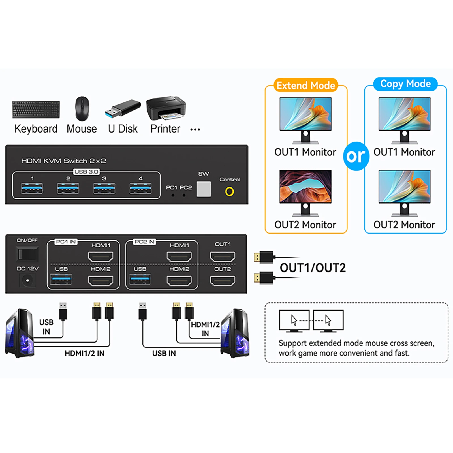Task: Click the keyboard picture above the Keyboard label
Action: point(36,109)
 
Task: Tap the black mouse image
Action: point(82,108)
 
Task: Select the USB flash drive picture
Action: point(123,109)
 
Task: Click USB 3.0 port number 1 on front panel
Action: point(32,188)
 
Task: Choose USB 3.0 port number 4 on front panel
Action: point(140,188)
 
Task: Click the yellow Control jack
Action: point(230,192)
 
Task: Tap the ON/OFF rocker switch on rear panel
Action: point(27,254)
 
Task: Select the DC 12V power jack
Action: point(27,281)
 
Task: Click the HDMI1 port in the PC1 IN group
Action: point(101,257)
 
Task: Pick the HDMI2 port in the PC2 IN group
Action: point(179,281)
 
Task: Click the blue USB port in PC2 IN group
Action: point(140,280)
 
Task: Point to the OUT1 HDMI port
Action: point(223,257)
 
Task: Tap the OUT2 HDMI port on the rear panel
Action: point(223,281)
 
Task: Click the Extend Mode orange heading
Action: point(306,85)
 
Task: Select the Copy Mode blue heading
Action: point(405,84)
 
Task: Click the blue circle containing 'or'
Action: point(356,156)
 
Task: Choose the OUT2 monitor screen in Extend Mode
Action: point(305,186)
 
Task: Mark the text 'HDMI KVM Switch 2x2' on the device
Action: point(64,161)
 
